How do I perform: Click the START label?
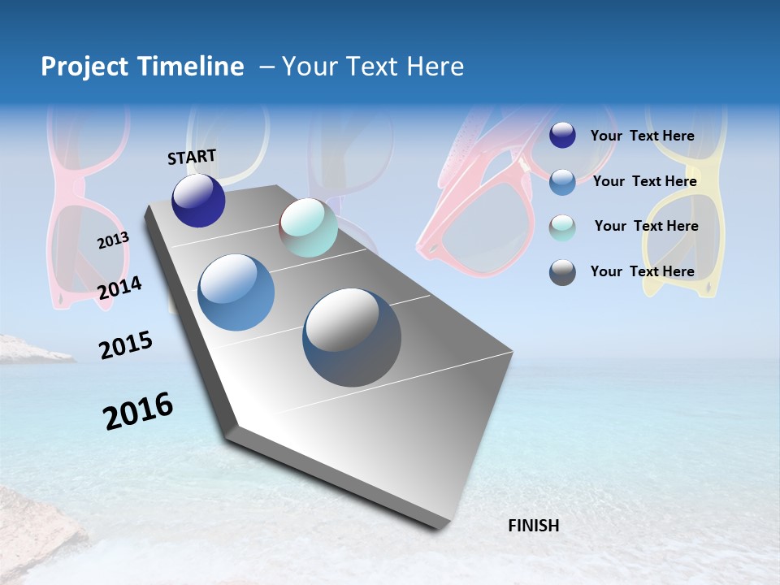click(192, 157)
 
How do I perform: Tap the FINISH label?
click(533, 526)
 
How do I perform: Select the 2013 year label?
click(113, 240)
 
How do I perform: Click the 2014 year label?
click(119, 288)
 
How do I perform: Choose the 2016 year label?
click(138, 410)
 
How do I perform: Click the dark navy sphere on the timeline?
click(198, 201)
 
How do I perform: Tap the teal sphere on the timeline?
click(308, 227)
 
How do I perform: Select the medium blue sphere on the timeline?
click(236, 292)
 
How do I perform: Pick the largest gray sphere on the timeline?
click(352, 337)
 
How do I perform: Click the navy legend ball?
click(562, 136)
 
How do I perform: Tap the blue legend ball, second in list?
click(562, 182)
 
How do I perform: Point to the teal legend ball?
click(562, 227)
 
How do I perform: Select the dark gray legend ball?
click(562, 272)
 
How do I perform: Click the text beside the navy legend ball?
click(642, 136)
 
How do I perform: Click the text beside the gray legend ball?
click(642, 271)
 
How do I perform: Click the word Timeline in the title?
click(192, 67)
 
